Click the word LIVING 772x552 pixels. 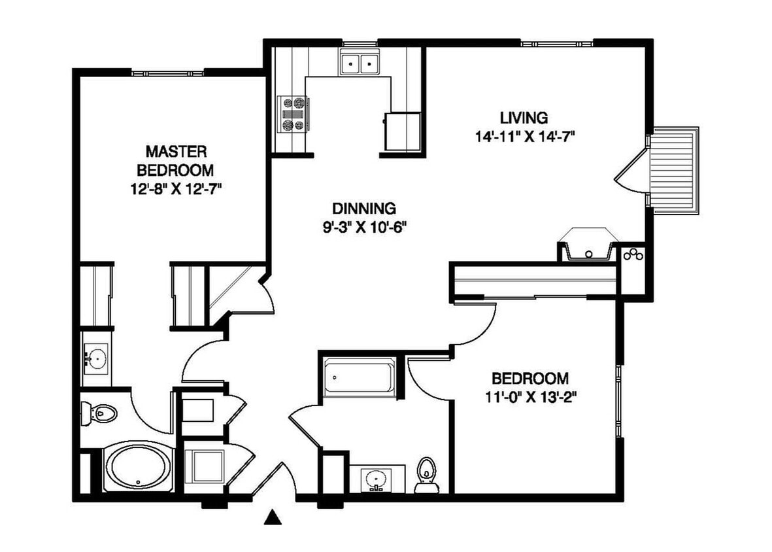point(524,118)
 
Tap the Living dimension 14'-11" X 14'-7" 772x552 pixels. point(526,137)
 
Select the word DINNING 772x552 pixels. point(364,209)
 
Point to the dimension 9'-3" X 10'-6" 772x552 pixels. point(364,228)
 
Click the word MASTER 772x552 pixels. point(176,151)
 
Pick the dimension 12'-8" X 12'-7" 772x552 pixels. point(176,189)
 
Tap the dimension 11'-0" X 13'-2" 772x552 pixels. point(531,398)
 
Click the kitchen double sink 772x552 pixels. point(360,63)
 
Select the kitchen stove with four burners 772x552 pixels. point(293,114)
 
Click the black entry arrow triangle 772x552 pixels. point(273,517)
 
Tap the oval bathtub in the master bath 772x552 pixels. point(139,468)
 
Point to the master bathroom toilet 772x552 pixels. point(99,413)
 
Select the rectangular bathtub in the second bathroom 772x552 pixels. point(359,377)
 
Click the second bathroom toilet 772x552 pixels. point(426,475)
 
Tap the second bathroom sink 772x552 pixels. point(377,479)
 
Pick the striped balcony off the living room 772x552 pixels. point(675,171)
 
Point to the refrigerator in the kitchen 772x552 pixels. point(403,131)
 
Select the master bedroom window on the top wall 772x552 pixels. point(167,73)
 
